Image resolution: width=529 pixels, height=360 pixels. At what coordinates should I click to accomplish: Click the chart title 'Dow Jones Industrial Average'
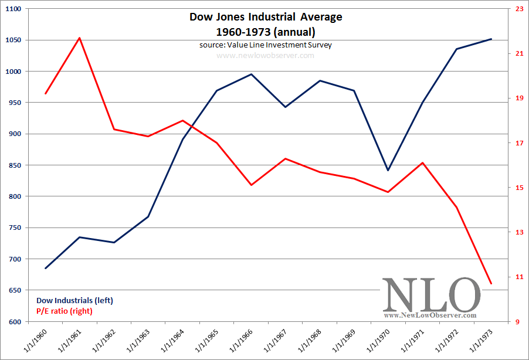pos(266,17)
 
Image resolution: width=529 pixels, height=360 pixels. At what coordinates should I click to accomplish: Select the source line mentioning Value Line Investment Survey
pos(266,45)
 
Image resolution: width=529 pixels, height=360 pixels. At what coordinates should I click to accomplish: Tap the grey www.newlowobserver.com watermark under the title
pos(266,56)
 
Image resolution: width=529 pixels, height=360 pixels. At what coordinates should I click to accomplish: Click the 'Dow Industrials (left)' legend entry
pos(74,300)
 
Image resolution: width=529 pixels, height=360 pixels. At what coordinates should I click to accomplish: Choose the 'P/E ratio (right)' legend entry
pos(65,311)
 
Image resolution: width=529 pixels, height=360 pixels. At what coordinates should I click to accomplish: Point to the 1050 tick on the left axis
pos(12,40)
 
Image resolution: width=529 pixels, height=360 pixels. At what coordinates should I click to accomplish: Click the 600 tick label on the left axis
pos(14,322)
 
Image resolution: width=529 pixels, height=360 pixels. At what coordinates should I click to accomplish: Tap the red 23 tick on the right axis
pos(519,9)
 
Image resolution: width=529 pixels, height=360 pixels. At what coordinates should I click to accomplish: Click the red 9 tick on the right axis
pos(517,322)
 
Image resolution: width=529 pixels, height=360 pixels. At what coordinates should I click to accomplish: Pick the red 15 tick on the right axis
pos(519,188)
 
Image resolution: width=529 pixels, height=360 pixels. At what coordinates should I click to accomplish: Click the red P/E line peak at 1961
pos(80,38)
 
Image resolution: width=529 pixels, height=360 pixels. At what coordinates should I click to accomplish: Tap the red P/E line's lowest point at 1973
pos(491,284)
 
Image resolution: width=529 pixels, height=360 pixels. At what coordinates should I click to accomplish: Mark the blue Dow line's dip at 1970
pos(388,170)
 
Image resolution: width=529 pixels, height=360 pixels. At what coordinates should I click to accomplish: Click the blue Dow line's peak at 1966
pos(251,74)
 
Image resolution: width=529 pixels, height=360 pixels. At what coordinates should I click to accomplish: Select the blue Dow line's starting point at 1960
pos(45,268)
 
